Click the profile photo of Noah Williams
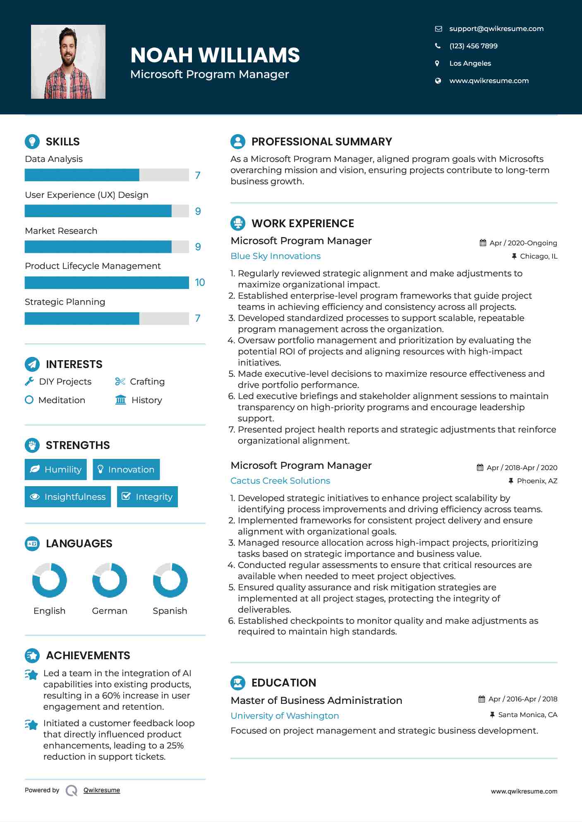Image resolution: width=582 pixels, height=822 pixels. point(68,62)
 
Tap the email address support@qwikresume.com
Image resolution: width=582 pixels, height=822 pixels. point(496,29)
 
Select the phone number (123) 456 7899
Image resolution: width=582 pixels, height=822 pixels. point(473,46)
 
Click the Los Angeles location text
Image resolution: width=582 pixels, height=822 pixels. point(470,63)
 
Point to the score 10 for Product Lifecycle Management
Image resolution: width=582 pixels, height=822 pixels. point(200,283)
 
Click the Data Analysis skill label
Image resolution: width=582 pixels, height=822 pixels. point(54,159)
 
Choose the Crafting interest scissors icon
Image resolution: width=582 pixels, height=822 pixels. point(120,382)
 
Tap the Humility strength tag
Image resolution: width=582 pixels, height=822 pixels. point(56,470)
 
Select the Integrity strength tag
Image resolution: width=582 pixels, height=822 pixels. point(147,497)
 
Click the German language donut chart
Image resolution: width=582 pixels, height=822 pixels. point(110,580)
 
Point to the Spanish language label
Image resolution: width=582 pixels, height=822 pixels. point(170,611)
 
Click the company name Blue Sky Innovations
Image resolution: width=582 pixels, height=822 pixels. point(275,256)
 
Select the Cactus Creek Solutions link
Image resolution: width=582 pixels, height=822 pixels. point(280,481)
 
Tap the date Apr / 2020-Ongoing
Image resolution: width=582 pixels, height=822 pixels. point(523,243)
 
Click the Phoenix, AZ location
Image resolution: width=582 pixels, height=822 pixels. point(537,481)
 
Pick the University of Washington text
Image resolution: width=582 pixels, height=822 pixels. point(285,716)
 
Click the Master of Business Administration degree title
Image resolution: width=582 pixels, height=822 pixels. point(316,701)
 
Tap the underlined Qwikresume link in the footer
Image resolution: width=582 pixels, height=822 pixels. point(102,790)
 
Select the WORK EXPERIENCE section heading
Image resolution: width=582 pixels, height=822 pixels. point(303,223)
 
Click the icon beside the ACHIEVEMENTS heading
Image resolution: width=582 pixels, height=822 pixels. point(32,656)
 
